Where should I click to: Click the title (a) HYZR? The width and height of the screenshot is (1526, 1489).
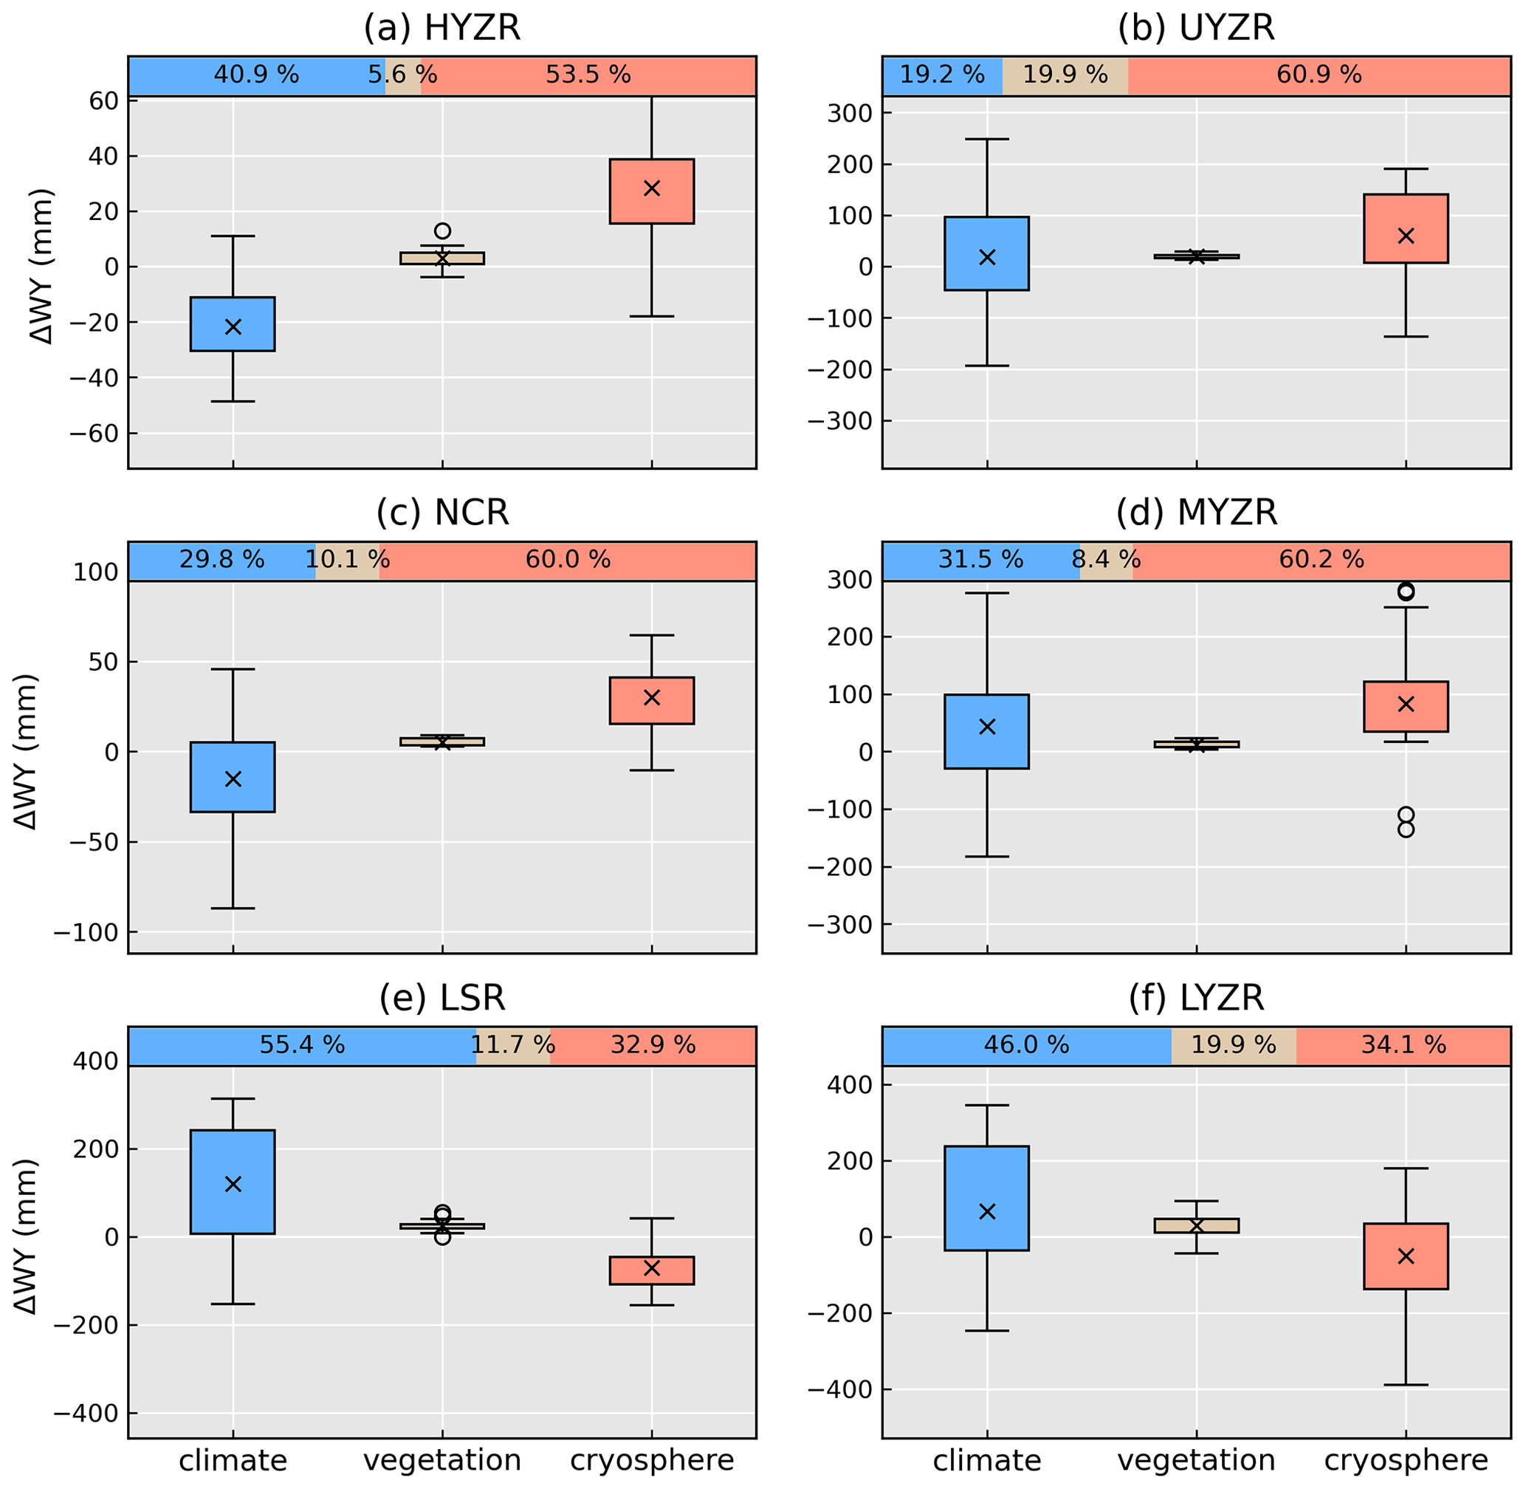click(441, 28)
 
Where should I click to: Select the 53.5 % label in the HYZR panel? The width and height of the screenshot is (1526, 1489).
click(588, 75)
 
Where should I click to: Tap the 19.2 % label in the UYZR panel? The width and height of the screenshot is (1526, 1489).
click(941, 75)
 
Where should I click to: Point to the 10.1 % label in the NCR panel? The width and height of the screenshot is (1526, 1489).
click(347, 559)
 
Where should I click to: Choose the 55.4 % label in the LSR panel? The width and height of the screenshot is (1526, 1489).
click(302, 1045)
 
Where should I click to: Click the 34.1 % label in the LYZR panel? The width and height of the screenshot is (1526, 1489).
click(1403, 1045)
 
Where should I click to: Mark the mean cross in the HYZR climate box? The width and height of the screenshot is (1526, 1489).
click(233, 327)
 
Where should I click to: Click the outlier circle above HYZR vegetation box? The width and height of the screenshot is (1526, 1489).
click(442, 230)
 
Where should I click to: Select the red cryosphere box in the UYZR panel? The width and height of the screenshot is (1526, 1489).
click(1406, 228)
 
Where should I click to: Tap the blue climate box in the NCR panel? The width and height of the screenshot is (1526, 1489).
click(233, 776)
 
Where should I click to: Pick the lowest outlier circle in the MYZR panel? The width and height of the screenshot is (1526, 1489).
click(1406, 829)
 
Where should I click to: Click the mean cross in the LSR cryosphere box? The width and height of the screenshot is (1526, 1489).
click(652, 1268)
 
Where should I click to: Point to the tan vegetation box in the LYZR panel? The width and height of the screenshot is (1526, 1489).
click(1196, 1225)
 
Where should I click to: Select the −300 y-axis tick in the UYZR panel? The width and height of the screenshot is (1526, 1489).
click(839, 422)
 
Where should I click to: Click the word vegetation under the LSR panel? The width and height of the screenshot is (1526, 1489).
click(442, 1461)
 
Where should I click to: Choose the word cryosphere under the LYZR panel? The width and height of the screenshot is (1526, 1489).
click(1406, 1461)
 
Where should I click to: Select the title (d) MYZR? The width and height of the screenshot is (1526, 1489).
click(1196, 513)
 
